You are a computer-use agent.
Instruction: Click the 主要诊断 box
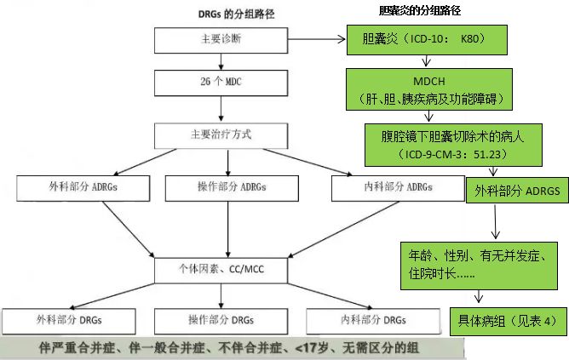pyautogui.click(x=221, y=40)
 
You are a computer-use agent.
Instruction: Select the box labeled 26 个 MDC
pyautogui.click(x=221, y=83)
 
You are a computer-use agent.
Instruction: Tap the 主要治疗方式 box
pyautogui.click(x=221, y=136)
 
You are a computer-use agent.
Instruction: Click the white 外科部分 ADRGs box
pyautogui.click(x=83, y=188)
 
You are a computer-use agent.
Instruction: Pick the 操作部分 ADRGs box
pyautogui.click(x=232, y=188)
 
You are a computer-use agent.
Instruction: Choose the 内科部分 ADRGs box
pyautogui.click(x=398, y=188)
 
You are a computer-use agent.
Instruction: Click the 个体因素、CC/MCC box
pyautogui.click(x=221, y=271)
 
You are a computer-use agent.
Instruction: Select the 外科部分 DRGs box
pyautogui.click(x=69, y=321)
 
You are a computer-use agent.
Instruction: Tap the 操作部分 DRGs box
pyautogui.click(x=221, y=321)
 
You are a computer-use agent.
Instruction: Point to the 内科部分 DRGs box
pyautogui.click(x=373, y=321)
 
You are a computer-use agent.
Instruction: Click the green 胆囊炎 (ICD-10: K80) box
pyautogui.click(x=427, y=40)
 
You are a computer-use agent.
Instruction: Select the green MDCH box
pyautogui.click(x=429, y=89)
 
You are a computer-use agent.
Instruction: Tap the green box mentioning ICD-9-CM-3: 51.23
pyautogui.click(x=454, y=145)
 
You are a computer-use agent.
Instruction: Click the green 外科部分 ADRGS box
pyautogui.click(x=518, y=191)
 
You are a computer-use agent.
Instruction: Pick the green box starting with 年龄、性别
pyautogui.click(x=479, y=266)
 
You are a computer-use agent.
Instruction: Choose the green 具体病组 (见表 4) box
pyautogui.click(x=509, y=321)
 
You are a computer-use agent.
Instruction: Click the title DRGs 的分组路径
pyautogui.click(x=236, y=14)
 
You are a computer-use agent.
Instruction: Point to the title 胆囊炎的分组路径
pyautogui.click(x=420, y=10)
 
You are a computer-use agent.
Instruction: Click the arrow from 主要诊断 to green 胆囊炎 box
pyautogui.click(x=317, y=39)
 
